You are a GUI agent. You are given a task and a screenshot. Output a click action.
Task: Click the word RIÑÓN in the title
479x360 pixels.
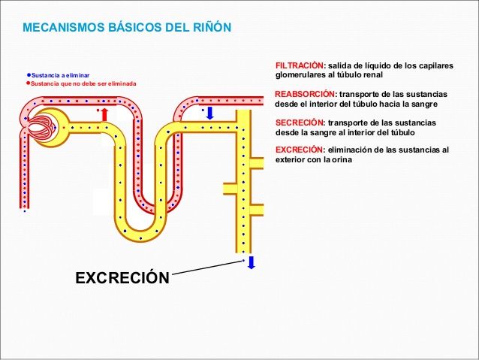point(212,27)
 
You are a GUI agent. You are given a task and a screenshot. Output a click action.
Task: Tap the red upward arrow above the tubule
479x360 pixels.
point(104,114)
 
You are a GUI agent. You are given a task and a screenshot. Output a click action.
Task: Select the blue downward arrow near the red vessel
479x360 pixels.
point(210,113)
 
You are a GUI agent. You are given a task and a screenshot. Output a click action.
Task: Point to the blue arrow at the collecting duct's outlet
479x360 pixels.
point(251,262)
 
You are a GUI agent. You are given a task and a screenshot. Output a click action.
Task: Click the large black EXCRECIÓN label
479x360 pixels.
point(122,278)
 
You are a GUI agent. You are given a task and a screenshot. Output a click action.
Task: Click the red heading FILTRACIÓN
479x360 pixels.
point(299,65)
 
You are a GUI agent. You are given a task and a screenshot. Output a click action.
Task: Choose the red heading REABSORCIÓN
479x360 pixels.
point(305,94)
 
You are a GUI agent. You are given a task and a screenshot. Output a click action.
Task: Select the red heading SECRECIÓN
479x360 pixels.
point(299,123)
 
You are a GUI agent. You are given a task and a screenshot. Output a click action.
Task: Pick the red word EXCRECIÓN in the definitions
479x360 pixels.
point(299,150)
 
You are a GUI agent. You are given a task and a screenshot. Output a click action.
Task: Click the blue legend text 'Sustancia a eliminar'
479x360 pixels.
point(60,75)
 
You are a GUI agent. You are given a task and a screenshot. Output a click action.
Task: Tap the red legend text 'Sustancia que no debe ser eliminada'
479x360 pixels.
point(83,83)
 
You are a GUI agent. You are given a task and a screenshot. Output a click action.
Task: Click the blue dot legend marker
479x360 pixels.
point(29,75)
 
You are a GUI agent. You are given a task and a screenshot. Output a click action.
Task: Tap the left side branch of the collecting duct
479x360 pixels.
point(230,189)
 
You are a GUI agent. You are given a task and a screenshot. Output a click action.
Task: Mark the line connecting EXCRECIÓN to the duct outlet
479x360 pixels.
point(207,268)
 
